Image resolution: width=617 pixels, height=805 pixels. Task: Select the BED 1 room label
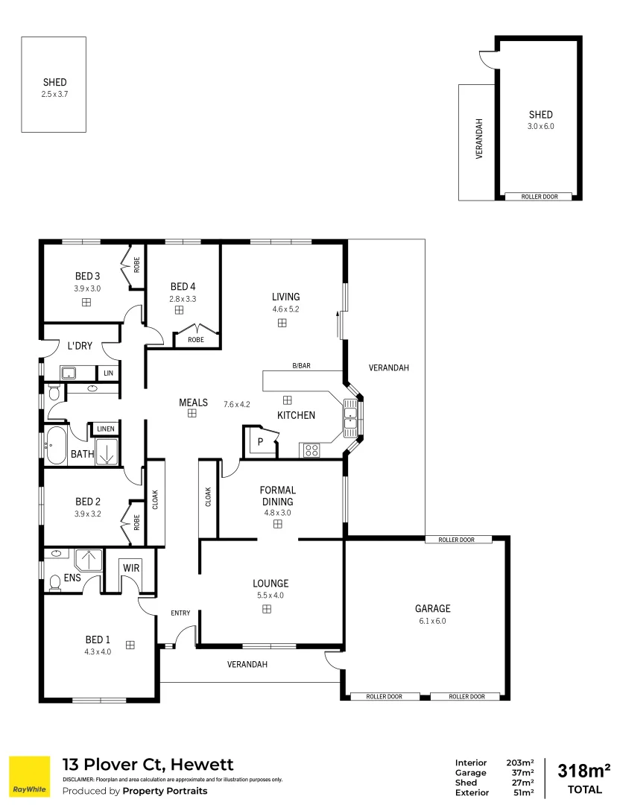(98, 639)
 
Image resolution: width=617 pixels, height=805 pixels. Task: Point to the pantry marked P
(260, 441)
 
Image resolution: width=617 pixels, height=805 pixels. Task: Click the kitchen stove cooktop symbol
(311, 449)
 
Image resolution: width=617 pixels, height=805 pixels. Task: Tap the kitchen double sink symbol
(350, 417)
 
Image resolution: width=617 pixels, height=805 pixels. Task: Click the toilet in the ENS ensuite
(54, 581)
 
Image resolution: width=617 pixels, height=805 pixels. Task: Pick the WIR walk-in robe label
(130, 568)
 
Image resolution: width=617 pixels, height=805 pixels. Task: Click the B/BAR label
(301, 365)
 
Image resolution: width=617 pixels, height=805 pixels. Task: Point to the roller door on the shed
(537, 197)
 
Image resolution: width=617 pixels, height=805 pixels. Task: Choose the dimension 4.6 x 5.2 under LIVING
(285, 309)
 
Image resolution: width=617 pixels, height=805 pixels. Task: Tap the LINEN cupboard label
(105, 429)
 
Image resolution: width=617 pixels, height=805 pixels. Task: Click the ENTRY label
(180, 613)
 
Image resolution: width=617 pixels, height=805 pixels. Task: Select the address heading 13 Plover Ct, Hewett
(148, 764)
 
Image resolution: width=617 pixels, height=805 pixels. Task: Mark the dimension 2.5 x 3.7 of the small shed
(54, 95)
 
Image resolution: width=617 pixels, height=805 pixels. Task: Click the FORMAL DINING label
(278, 496)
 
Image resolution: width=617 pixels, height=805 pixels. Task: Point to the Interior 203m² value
(520, 763)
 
